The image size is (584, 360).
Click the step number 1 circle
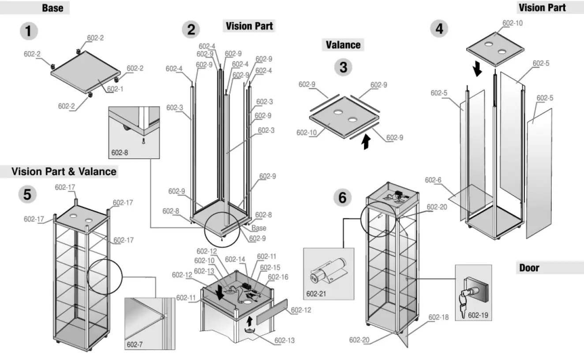coord(29,31)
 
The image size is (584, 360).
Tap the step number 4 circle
coord(439,29)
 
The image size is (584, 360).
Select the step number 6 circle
coord(342,198)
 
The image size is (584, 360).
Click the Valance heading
coord(343,45)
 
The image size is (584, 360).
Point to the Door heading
coord(529,268)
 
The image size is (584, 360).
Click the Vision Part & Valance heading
coord(64,171)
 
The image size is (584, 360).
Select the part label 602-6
coord(433,180)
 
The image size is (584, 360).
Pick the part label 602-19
coord(477,315)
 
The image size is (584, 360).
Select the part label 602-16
coord(278,277)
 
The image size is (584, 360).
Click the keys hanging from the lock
coord(463,305)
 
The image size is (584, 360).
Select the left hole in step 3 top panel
coord(337,113)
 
